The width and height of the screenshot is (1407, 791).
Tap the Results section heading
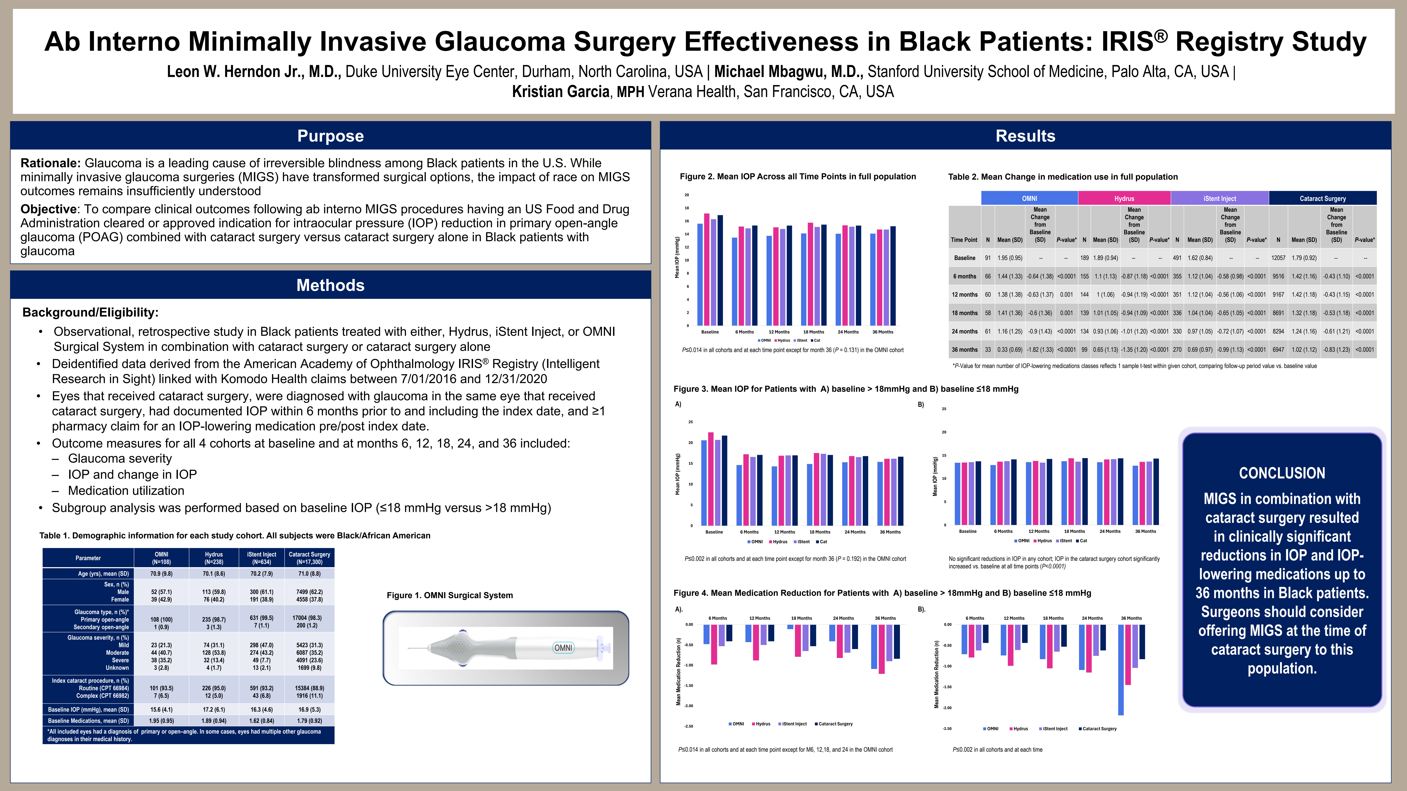tap(1025, 136)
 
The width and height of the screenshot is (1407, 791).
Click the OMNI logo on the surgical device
tap(563, 648)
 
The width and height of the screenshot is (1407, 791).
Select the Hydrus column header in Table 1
tap(214, 558)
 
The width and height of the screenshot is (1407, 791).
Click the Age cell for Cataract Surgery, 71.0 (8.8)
tap(309, 574)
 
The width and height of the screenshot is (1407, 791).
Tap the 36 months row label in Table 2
tap(965, 350)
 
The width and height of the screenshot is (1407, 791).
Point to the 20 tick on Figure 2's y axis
tap(687, 195)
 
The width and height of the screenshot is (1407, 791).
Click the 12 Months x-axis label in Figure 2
tap(779, 332)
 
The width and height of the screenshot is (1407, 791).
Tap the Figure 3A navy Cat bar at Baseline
tap(724, 480)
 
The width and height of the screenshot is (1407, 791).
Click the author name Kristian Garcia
tap(560, 92)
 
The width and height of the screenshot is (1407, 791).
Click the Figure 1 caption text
tap(450, 596)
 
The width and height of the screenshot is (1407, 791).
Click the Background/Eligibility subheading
tap(90, 312)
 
